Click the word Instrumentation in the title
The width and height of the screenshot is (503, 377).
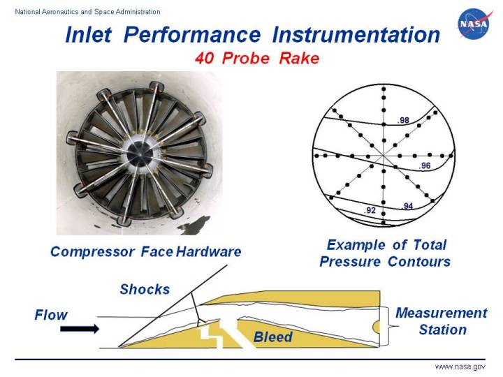click(356, 35)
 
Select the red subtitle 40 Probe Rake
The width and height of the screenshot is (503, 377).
click(256, 59)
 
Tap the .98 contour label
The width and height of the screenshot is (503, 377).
click(403, 121)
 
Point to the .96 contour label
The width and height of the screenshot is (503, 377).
click(424, 166)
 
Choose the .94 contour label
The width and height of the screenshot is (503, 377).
click(408, 206)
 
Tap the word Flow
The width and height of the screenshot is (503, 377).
click(52, 315)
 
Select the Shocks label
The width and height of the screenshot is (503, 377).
click(145, 288)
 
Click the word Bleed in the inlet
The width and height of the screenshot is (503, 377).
click(272, 337)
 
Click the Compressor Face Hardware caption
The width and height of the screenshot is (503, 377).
click(145, 252)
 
